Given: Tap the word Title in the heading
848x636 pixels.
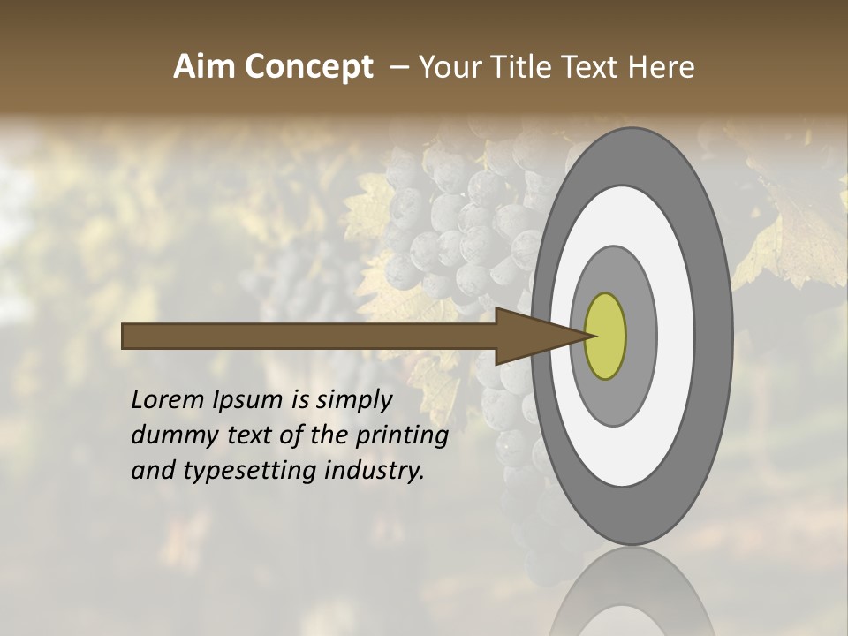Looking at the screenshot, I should [512, 67].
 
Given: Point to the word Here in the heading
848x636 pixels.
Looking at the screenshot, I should [662, 67].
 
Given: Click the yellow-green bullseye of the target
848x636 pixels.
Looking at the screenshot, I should [605, 336].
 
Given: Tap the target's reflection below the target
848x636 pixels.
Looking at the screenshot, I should [632, 596].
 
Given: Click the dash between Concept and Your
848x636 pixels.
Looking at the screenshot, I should [398, 67].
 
